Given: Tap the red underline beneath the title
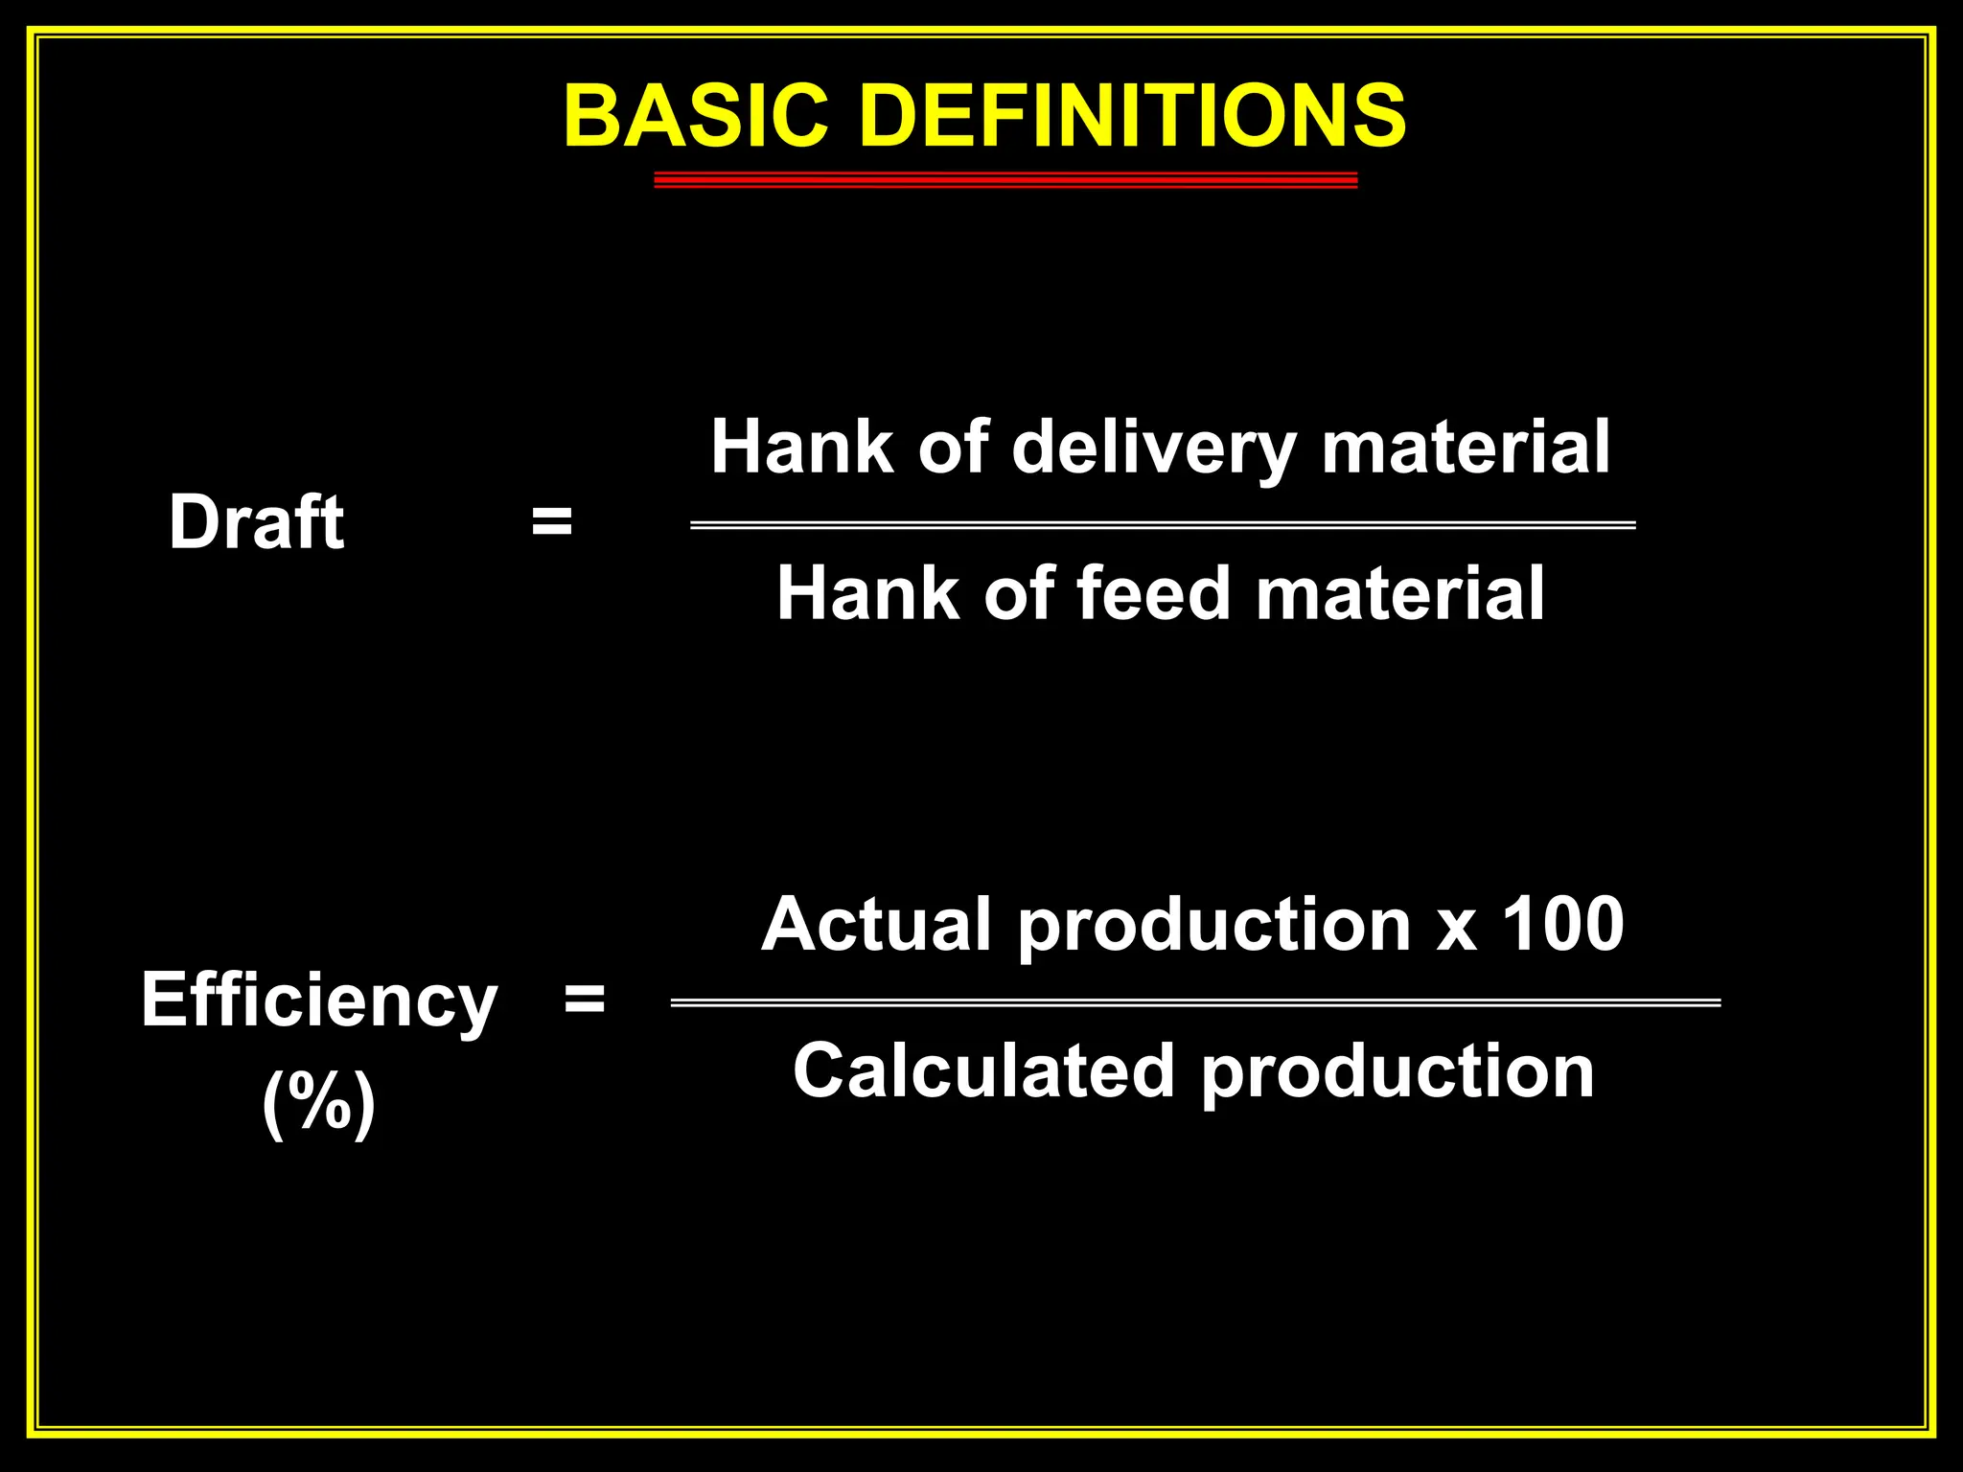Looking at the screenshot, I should click(1005, 180).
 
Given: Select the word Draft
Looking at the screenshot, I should click(256, 522).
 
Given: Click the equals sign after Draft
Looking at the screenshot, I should click(552, 523).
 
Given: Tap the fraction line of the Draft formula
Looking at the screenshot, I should click(1162, 525).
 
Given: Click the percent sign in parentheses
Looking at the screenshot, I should click(319, 1102).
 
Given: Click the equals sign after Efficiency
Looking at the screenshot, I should click(585, 1000).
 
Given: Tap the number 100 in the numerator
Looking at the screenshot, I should click(1561, 924).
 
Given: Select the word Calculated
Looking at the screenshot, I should click(983, 1070).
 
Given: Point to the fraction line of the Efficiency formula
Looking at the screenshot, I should click(1195, 1003).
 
